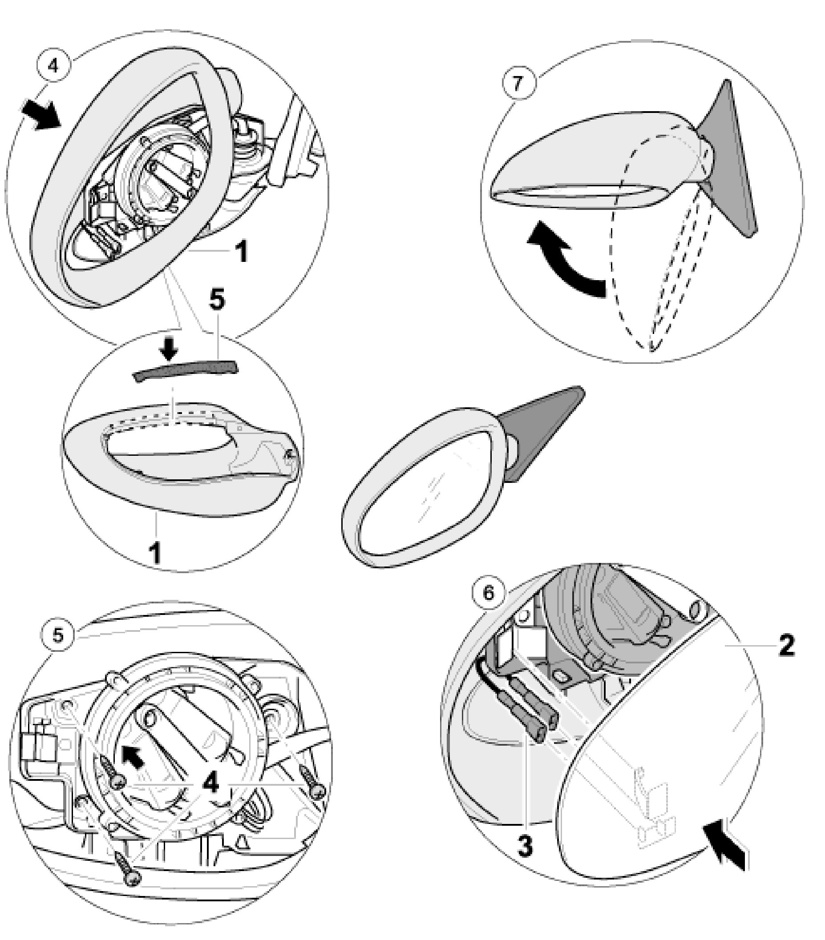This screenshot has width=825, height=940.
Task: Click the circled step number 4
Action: (x=53, y=66)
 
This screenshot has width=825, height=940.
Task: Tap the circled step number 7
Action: (x=518, y=84)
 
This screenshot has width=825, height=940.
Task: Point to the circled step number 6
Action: (x=488, y=593)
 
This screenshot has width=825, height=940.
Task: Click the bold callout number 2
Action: (x=786, y=646)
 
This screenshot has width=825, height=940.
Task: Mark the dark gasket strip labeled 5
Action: (x=186, y=369)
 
